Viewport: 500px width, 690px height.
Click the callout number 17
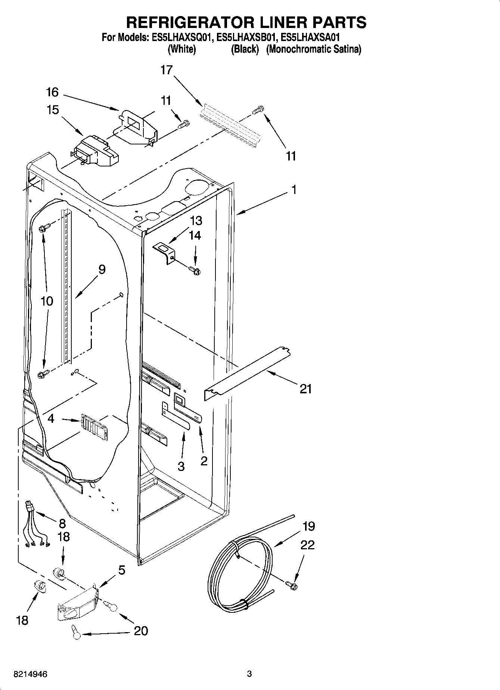coord(167,70)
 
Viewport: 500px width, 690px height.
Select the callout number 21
coord(305,389)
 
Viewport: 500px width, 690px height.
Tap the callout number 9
coord(102,269)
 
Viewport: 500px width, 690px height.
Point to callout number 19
coord(308,526)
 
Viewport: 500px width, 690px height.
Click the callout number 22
coord(308,545)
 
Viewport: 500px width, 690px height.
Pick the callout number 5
coord(122,570)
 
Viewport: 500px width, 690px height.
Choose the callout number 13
coord(196,221)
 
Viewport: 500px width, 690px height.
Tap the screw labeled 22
coord(292,585)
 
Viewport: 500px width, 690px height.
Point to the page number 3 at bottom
coord(249,674)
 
